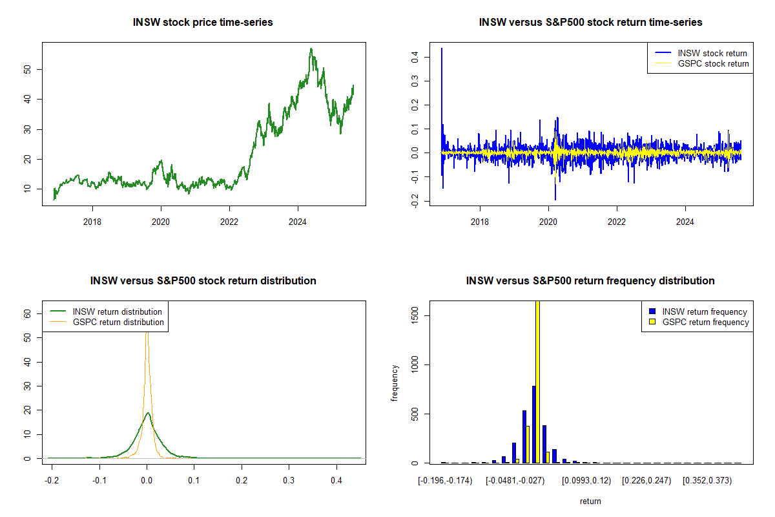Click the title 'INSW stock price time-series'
click(x=203, y=22)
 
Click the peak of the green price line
click(x=311, y=49)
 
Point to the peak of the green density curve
click(x=148, y=413)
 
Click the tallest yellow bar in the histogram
click(x=537, y=381)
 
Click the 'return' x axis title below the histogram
click(x=590, y=501)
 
